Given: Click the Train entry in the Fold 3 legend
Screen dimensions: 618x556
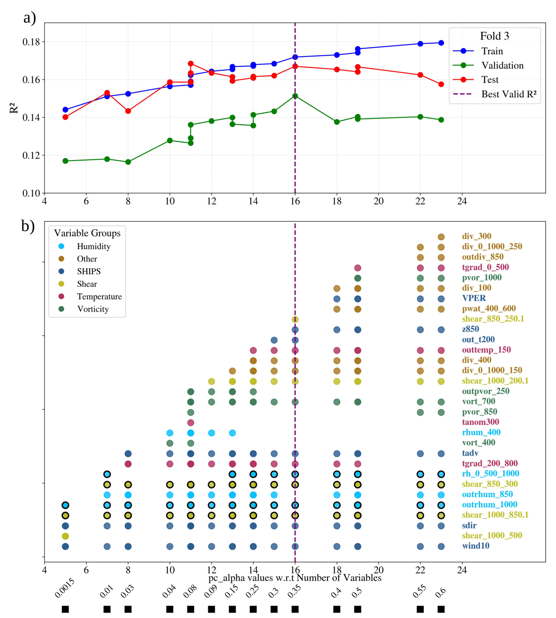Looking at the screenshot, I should point(492,51).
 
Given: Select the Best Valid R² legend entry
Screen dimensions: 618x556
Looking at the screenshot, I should point(509,94).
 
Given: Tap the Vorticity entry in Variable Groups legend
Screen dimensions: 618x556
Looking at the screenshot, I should point(93,309).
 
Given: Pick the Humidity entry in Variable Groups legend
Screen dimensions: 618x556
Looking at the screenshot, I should point(94,246).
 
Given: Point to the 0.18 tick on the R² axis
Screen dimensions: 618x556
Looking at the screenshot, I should point(31,42).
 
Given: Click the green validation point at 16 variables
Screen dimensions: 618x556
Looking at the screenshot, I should point(295,96).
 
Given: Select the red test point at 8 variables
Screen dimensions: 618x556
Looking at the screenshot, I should point(128,111).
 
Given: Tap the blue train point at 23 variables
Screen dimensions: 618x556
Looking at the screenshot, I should point(441,43).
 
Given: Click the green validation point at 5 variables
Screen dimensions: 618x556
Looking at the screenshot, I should point(65,161).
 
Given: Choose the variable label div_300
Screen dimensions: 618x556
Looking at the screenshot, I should point(477,236).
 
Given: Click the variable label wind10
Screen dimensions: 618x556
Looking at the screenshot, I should point(475,546).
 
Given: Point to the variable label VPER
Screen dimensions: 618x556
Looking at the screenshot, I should point(474,298).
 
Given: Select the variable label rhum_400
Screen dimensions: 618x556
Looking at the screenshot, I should point(481,432).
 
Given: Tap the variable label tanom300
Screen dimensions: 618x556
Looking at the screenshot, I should point(480,422).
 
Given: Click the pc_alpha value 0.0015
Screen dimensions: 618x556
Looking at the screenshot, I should point(65,589).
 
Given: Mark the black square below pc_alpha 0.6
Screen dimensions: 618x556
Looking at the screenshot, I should point(441,609).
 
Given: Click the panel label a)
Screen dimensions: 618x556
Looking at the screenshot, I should point(29,18).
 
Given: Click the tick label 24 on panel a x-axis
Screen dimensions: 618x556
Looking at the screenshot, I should point(462,201).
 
